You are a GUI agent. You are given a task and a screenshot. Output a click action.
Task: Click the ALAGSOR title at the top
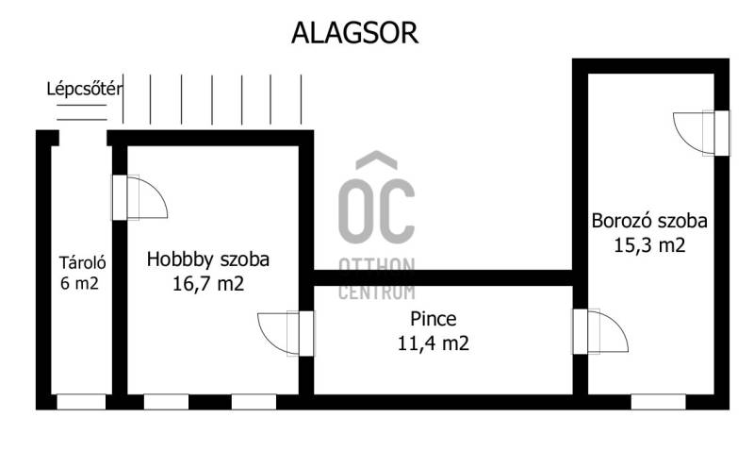click(355, 33)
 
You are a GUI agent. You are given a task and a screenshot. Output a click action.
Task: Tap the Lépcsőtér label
click(85, 89)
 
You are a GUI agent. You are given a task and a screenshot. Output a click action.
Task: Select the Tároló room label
click(82, 262)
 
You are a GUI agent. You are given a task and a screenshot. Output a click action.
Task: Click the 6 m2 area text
click(79, 283)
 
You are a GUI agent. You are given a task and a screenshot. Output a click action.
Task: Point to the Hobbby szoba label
click(207, 259)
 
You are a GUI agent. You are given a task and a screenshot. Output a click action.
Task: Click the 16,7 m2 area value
click(208, 283)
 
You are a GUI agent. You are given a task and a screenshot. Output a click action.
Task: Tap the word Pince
click(434, 319)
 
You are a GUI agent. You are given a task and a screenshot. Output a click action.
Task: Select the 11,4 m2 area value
click(434, 343)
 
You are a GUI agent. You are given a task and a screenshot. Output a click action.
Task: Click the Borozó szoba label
click(649, 221)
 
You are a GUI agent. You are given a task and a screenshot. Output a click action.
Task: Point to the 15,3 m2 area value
click(649, 245)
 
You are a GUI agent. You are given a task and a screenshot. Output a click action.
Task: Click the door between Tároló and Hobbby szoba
click(139, 197)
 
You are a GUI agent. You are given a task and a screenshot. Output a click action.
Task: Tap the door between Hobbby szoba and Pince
click(286, 334)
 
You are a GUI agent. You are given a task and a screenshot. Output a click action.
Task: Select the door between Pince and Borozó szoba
click(599, 331)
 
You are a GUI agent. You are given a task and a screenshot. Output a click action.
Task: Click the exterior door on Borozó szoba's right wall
click(701, 133)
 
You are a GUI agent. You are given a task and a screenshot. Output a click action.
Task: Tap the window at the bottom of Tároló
click(81, 402)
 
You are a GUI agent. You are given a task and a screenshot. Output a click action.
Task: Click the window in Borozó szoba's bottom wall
click(658, 402)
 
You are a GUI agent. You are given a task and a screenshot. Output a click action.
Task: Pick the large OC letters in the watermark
click(376, 211)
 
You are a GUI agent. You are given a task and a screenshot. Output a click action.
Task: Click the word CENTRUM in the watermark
click(376, 292)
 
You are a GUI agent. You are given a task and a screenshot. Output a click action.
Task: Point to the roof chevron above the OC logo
click(376, 160)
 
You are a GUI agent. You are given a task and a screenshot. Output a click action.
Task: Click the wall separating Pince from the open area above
click(442, 277)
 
